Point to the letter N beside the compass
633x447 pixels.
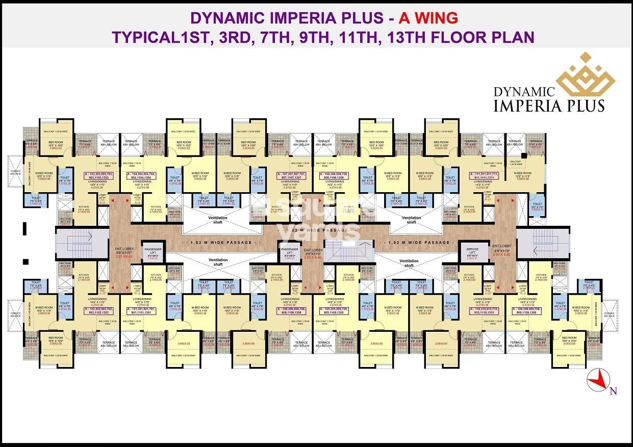point(613,391)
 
